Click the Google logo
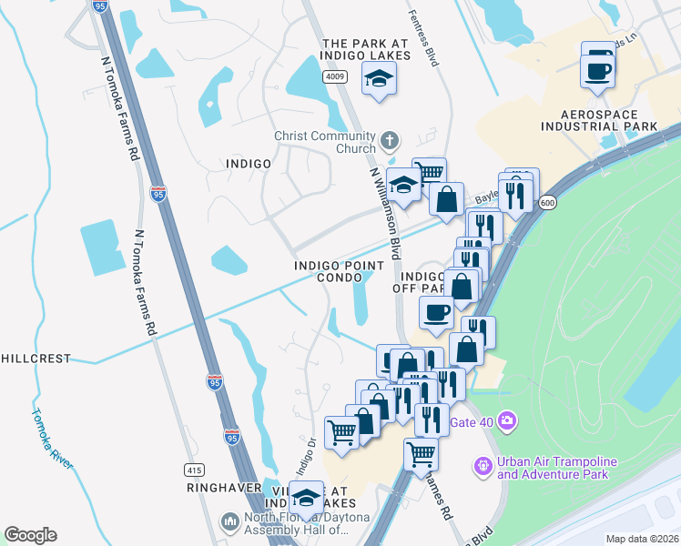coord(30,535)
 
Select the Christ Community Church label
coord(325,143)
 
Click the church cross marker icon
coord(390,141)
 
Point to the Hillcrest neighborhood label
coord(36,359)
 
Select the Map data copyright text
coord(642,539)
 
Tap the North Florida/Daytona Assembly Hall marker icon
coord(229,522)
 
